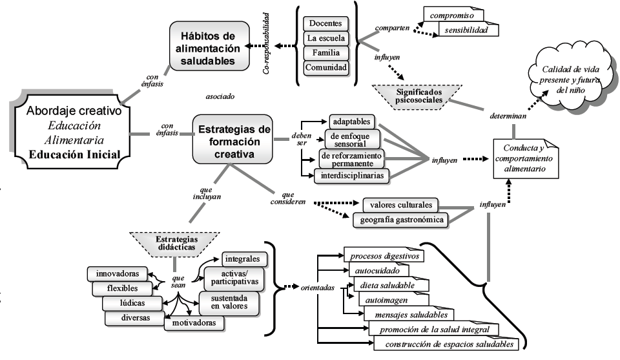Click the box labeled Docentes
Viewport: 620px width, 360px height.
click(x=326, y=24)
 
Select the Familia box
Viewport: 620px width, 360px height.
click(x=326, y=53)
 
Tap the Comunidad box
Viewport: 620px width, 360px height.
click(x=326, y=67)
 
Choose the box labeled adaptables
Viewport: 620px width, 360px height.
click(x=352, y=122)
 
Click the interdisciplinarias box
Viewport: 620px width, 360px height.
click(x=352, y=175)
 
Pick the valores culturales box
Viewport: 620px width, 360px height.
click(x=401, y=206)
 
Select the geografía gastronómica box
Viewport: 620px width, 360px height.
click(x=400, y=220)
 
